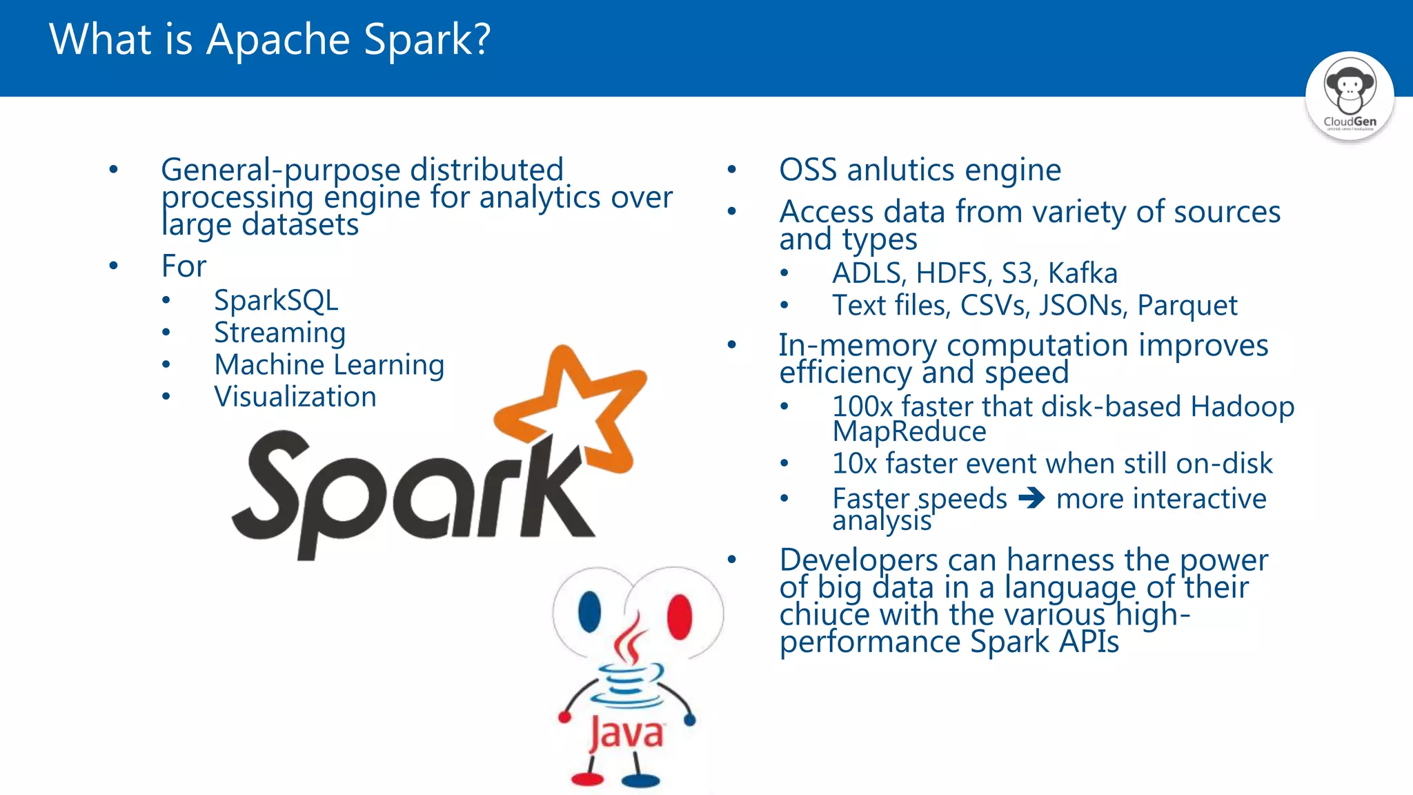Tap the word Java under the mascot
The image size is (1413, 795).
(x=626, y=733)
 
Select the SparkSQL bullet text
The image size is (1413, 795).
(x=276, y=301)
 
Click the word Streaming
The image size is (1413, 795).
(x=279, y=333)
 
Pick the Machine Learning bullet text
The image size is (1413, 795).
(x=329, y=365)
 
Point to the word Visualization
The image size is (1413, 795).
(x=295, y=397)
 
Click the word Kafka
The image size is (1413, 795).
(x=1083, y=273)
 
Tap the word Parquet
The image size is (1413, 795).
(x=1187, y=306)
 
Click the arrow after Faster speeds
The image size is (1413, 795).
(x=1031, y=498)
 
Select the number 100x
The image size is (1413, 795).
(x=862, y=407)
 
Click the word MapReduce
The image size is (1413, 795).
(x=909, y=432)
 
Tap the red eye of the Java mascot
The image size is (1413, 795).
(x=680, y=614)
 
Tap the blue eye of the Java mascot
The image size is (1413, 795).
(x=589, y=611)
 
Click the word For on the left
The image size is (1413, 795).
(x=184, y=266)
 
